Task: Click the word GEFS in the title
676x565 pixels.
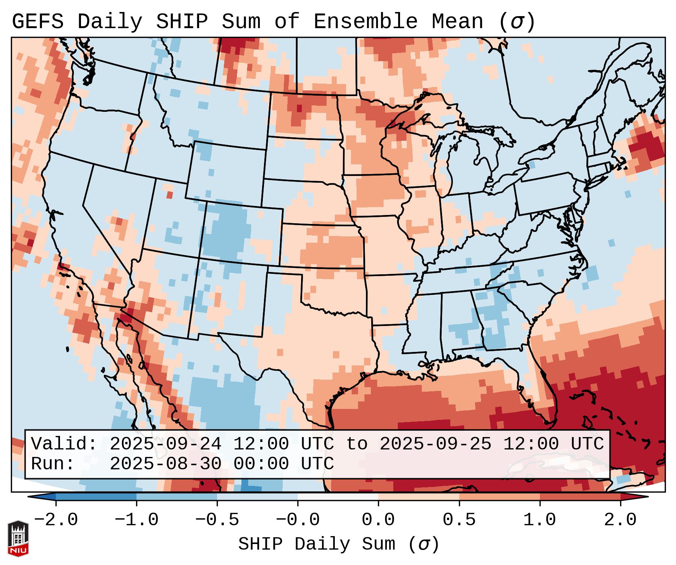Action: click(x=37, y=21)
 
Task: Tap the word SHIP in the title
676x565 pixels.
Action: click(x=181, y=21)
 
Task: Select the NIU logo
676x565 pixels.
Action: click(x=18, y=538)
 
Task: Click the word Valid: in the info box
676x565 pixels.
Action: click(x=64, y=444)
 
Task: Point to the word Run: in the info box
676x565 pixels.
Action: click(x=53, y=464)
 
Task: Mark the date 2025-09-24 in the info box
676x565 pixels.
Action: click(x=165, y=444)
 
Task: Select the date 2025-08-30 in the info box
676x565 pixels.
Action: click(x=165, y=464)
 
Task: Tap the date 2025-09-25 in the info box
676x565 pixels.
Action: click(x=435, y=444)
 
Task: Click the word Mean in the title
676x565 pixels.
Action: click(x=457, y=21)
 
